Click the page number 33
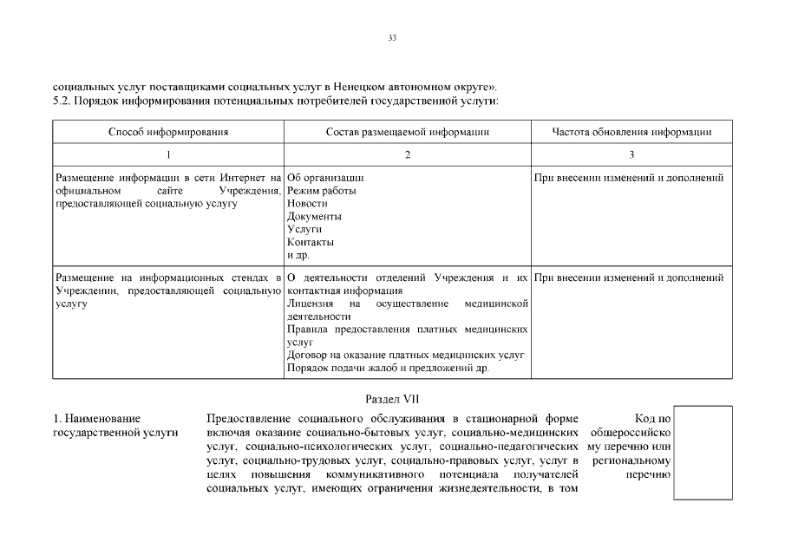(x=392, y=38)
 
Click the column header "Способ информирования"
(x=168, y=132)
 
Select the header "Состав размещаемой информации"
(x=408, y=132)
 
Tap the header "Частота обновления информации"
(x=631, y=132)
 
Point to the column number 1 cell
(x=168, y=154)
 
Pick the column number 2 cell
(x=408, y=154)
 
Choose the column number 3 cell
(x=631, y=154)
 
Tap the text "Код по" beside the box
(x=652, y=419)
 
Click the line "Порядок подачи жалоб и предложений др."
(x=388, y=368)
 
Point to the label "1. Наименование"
(x=97, y=419)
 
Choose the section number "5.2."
(x=62, y=101)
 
